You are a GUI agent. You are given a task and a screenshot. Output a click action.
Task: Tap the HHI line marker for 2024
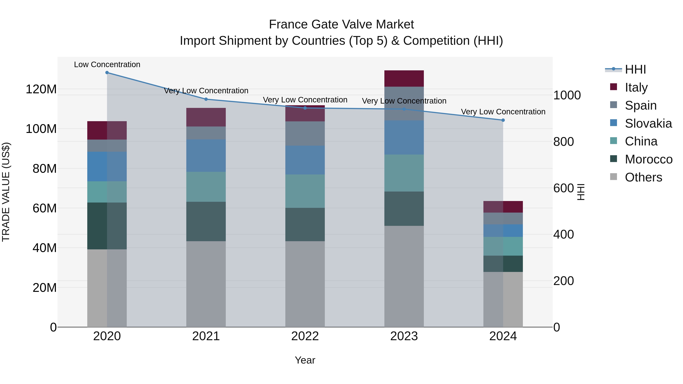click(x=503, y=120)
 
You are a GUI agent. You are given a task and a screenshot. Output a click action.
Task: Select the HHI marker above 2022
click(x=305, y=108)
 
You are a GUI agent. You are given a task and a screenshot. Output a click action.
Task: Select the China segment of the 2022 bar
click(x=305, y=191)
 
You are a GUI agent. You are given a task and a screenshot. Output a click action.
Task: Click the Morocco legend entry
click(x=648, y=159)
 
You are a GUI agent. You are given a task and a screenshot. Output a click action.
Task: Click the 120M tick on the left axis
click(x=41, y=89)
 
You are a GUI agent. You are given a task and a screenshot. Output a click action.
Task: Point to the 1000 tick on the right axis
click(x=567, y=95)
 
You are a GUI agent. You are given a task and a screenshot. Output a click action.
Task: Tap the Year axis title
click(x=305, y=360)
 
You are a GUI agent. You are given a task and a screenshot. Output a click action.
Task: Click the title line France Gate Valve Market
click(x=341, y=24)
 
